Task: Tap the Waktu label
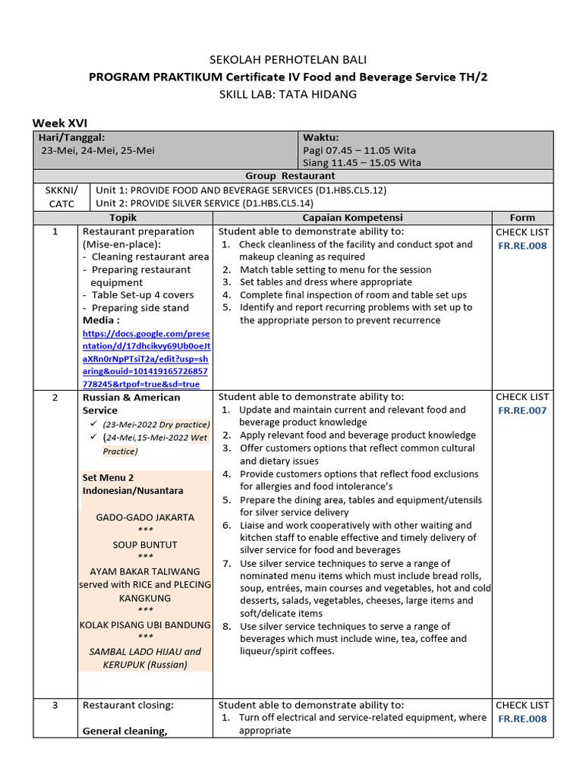coord(321,137)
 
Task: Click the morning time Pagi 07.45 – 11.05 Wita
coord(359,150)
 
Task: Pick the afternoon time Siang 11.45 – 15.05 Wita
coord(361,163)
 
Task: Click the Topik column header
coord(123,218)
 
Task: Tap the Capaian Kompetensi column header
coord(352,218)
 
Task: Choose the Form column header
coord(522,218)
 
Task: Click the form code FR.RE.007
coord(522,411)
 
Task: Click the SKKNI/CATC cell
coord(61,197)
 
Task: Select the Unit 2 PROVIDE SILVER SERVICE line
coord(203,203)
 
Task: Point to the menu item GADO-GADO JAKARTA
coord(145,517)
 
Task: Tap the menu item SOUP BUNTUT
coord(145,545)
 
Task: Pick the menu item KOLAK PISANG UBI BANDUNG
coord(145,625)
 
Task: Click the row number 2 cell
coord(55,398)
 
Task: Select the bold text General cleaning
coord(124,731)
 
